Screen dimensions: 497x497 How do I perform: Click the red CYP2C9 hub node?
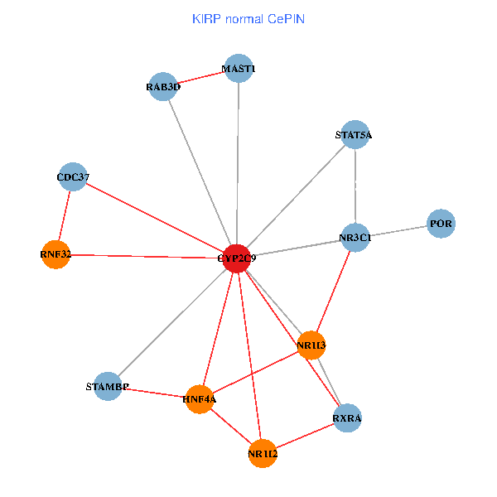click(x=238, y=258)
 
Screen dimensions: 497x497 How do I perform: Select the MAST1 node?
click(x=239, y=69)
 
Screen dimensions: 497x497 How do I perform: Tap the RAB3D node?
click(x=163, y=86)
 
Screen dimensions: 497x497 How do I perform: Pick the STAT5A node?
click(x=355, y=135)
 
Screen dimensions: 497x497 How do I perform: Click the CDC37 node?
click(x=73, y=176)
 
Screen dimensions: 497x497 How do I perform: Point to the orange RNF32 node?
click(x=55, y=254)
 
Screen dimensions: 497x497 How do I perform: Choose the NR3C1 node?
click(x=355, y=238)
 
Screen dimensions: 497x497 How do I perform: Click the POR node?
click(x=441, y=224)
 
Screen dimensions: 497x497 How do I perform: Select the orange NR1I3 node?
click(x=311, y=345)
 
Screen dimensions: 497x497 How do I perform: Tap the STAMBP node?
click(x=108, y=387)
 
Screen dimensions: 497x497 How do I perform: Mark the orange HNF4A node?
click(x=200, y=399)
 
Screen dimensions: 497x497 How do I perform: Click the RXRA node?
click(x=347, y=418)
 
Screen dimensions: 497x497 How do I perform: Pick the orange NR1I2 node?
click(x=263, y=454)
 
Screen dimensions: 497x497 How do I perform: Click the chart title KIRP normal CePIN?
click(x=248, y=18)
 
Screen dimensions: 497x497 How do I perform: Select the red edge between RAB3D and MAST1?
click(x=201, y=77)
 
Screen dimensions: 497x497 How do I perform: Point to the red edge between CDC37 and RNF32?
click(x=64, y=215)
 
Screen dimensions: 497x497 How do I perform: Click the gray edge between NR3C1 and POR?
click(x=398, y=230)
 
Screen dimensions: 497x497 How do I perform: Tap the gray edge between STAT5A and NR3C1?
click(x=355, y=186)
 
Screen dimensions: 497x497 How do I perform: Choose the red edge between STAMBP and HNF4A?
click(x=154, y=393)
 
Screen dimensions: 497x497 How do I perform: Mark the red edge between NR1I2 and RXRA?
click(x=305, y=436)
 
